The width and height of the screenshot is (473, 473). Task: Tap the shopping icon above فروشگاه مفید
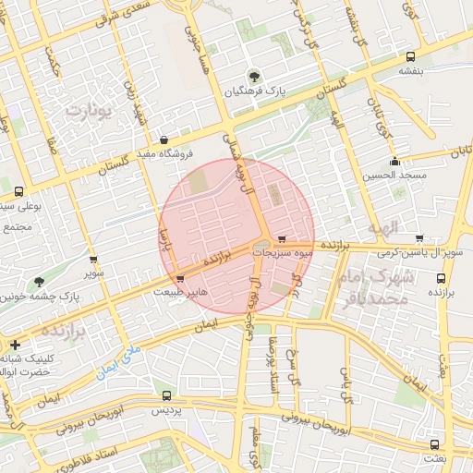click(x=164, y=140)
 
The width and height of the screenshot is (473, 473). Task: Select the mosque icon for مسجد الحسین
click(x=394, y=163)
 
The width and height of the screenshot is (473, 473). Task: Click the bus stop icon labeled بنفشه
click(x=407, y=55)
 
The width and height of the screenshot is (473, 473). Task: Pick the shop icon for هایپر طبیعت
click(x=180, y=277)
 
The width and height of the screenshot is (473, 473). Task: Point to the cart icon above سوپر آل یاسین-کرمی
click(x=419, y=238)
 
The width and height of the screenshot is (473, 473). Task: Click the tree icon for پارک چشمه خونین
click(x=39, y=283)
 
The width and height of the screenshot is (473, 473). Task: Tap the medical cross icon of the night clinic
click(x=15, y=344)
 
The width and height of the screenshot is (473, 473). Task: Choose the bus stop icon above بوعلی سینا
click(x=18, y=192)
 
